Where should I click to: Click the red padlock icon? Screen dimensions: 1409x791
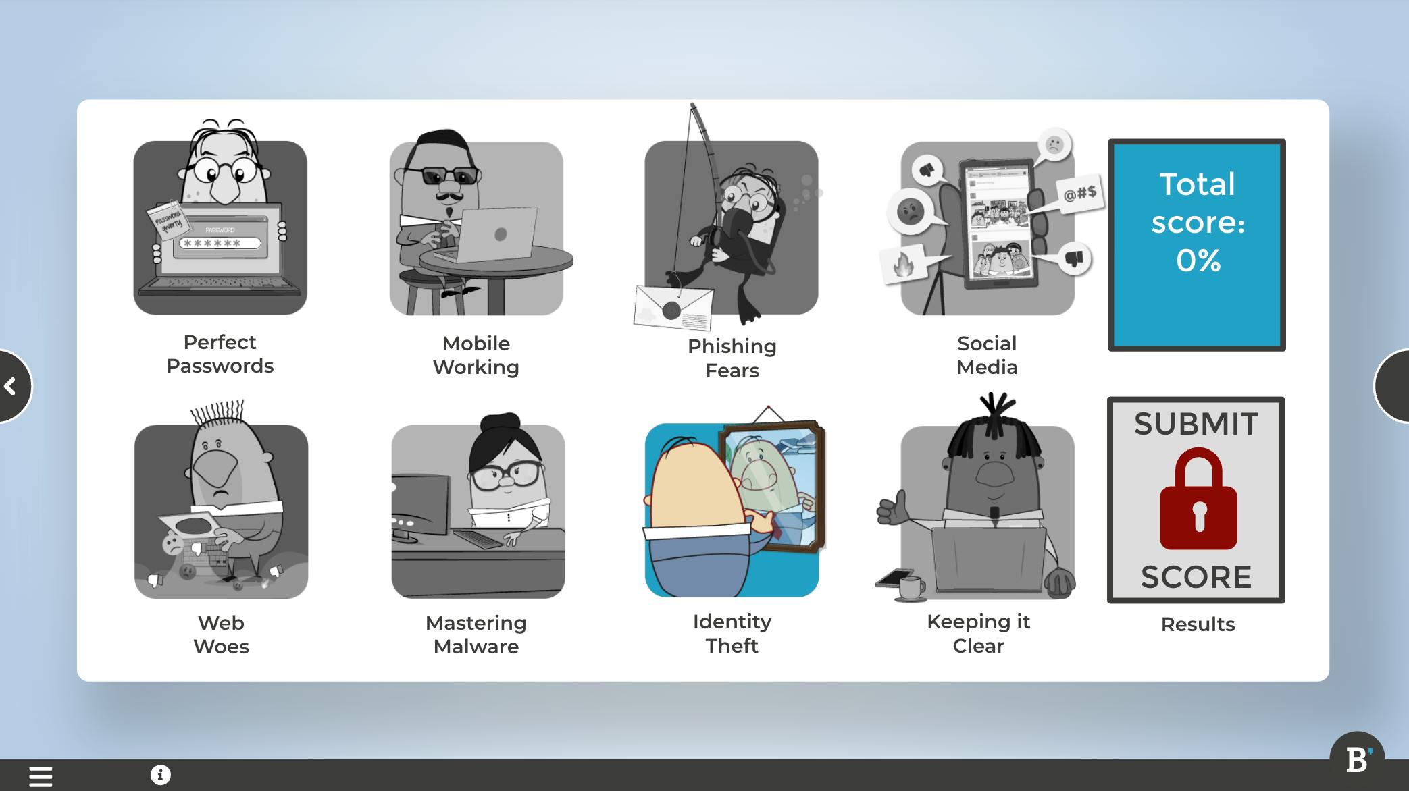[1198, 499]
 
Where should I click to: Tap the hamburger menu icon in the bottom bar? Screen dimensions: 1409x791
[41, 776]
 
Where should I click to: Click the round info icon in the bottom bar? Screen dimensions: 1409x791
[161, 775]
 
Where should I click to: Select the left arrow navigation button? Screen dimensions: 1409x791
[12, 386]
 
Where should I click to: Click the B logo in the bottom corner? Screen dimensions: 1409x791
[1357, 760]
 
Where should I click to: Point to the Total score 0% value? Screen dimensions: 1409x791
[1198, 261]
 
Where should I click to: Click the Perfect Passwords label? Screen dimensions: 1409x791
[220, 354]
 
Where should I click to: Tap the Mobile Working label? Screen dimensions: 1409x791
[476, 355]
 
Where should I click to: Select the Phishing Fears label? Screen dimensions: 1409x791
[732, 358]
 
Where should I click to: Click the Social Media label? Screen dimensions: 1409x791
[987, 355]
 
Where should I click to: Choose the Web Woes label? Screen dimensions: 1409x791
[221, 634]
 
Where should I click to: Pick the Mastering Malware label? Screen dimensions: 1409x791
[476, 634]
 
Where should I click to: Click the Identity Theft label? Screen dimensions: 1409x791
[732, 634]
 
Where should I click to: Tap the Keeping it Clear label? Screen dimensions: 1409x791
[979, 634]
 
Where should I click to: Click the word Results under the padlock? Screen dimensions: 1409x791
[1198, 624]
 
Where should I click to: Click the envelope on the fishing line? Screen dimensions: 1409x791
[673, 308]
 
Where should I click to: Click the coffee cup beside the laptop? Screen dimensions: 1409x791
[910, 588]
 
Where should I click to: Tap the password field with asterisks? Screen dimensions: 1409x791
[220, 243]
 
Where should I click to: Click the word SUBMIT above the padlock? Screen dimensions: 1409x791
[1196, 424]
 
